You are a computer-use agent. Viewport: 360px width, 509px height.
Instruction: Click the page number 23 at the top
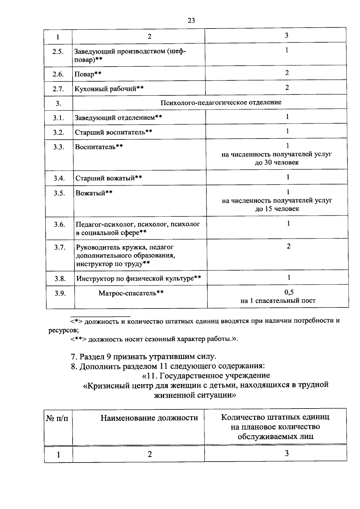pos(191,20)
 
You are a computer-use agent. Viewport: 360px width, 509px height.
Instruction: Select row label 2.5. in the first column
pos(58,52)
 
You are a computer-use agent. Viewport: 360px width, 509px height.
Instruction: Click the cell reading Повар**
pos(88,74)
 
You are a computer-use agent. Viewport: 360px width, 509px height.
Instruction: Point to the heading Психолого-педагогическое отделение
pos(221,103)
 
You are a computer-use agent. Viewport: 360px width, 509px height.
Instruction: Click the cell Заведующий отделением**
pos(118,117)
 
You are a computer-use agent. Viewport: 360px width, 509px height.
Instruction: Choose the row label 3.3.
pos(59,147)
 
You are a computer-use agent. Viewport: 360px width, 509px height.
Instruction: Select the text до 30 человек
pos(277,163)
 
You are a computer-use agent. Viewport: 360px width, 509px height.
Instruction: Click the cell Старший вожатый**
pos(109,178)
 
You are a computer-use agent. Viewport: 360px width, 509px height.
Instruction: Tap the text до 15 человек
pos(277,209)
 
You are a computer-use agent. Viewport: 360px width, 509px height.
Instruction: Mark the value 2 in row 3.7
pos(288,247)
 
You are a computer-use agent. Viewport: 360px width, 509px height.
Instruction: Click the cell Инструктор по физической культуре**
pos(139,279)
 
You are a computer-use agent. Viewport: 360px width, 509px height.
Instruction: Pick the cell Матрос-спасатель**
pos(131,293)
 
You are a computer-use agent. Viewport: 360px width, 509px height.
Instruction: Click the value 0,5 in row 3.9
pos(289,292)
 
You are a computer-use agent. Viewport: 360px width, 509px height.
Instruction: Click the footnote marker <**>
pos(79,339)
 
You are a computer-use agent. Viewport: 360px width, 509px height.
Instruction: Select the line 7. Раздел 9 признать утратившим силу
pos(143,357)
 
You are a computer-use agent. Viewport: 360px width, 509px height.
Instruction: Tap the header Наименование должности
pos(149,418)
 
